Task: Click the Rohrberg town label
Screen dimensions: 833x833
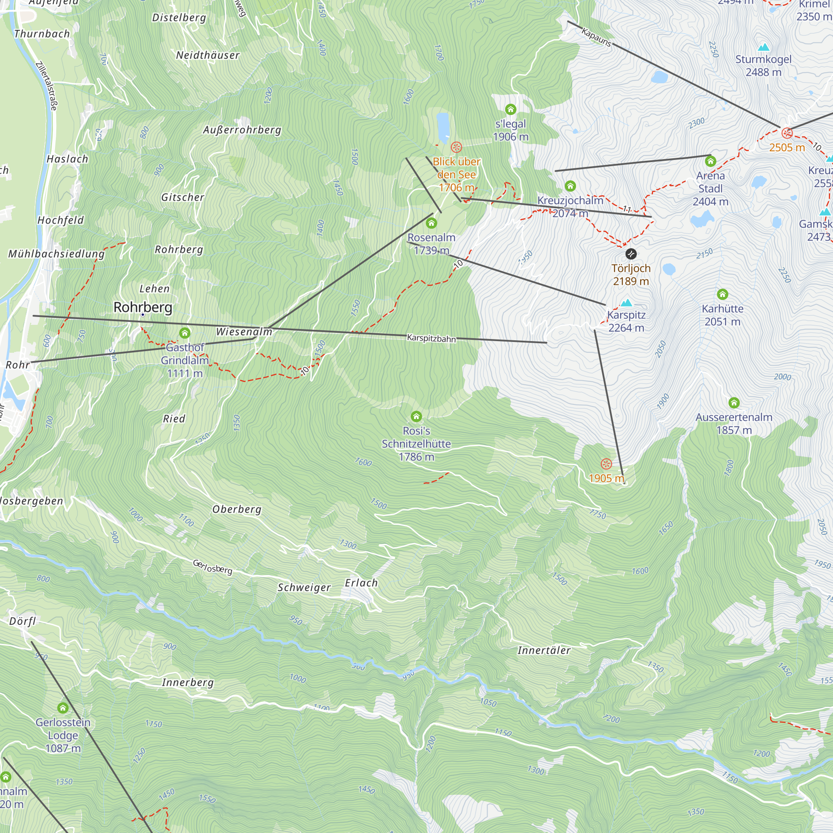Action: coord(143,307)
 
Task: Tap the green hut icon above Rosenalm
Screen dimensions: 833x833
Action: coord(431,223)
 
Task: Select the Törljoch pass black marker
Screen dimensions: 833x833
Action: coord(631,254)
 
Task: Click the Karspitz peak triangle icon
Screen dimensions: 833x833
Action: coord(626,303)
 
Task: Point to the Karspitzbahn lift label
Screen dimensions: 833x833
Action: coord(431,339)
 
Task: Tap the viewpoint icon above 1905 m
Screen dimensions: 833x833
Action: coord(606,464)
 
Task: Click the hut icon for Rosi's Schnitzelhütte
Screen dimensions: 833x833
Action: coord(416,416)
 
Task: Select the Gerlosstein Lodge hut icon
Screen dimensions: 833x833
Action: coord(63,708)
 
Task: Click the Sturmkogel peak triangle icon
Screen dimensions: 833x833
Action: coord(763,47)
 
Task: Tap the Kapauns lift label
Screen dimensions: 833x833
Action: coord(596,37)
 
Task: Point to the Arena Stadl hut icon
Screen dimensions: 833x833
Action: coord(711,161)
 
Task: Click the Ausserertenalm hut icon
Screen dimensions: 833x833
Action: coord(734,403)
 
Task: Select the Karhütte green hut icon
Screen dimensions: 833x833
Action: coord(723,294)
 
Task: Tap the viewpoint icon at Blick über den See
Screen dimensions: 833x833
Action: coord(456,147)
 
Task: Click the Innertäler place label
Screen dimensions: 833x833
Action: coord(544,650)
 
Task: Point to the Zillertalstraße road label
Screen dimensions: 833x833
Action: coord(46,86)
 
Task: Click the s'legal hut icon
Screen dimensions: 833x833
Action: coord(511,109)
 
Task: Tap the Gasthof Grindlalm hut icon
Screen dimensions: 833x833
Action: coord(185,332)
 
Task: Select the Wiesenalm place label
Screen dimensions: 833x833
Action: coord(244,332)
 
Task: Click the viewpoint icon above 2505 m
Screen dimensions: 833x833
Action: coord(787,133)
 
